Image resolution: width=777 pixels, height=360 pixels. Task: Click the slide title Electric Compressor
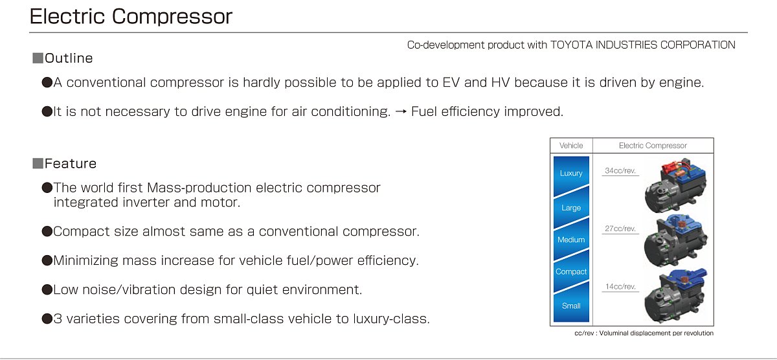pos(131,16)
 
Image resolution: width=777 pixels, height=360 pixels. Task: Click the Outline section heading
pos(69,58)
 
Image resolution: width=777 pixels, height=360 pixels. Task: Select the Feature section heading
pos(71,163)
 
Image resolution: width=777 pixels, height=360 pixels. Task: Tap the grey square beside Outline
pos(38,58)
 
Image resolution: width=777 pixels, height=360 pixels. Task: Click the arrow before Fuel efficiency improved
pos(401,111)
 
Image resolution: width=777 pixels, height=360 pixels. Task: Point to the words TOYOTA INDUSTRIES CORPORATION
pos(643,45)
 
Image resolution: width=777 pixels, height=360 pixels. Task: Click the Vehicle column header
pos(571,146)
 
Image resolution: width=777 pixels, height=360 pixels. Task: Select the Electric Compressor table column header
pos(653,146)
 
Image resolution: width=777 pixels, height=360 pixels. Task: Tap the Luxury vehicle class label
pos(571,173)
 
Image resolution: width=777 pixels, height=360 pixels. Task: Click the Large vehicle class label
pos(571,208)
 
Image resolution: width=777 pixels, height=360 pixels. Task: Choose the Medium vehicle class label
pos(571,240)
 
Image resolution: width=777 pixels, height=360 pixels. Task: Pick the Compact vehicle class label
pos(571,271)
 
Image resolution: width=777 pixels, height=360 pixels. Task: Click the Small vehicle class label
pos(571,306)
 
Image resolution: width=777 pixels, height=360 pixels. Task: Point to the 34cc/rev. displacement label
pos(620,171)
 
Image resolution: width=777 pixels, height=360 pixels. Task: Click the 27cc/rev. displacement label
pos(620,229)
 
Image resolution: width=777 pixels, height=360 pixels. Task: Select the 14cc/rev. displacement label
pos(620,286)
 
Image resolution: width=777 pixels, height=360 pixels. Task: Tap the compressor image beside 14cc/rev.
pos(675,295)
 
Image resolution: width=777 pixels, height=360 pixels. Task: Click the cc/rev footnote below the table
pos(644,333)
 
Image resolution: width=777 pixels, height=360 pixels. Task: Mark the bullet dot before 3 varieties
pos(47,319)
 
